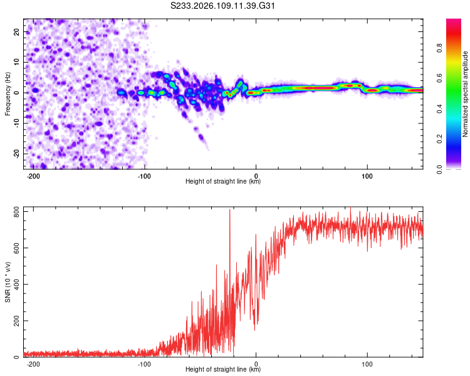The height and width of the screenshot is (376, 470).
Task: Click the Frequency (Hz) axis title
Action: click(8, 93)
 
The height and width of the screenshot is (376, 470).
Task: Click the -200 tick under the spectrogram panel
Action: click(34, 175)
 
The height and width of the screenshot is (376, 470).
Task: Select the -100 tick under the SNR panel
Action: click(145, 363)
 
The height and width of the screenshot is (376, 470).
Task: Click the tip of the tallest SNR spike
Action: click(229, 209)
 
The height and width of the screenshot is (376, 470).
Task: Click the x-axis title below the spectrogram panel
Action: click(223, 182)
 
